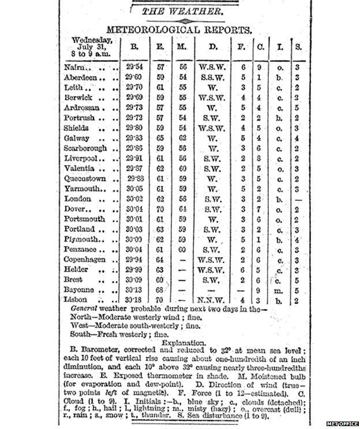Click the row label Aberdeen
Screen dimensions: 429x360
tap(80, 78)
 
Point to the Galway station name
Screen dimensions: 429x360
tap(77, 138)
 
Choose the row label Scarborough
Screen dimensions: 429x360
tap(85, 148)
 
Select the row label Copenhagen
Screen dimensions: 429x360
tap(85, 259)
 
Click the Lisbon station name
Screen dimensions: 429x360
tap(76, 300)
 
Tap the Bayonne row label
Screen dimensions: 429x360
tap(78, 289)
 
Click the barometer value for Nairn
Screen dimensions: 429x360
tap(136, 67)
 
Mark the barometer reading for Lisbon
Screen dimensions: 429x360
tap(136, 300)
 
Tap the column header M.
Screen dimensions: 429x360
tap(182, 47)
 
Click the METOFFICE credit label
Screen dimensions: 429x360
tap(340, 424)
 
